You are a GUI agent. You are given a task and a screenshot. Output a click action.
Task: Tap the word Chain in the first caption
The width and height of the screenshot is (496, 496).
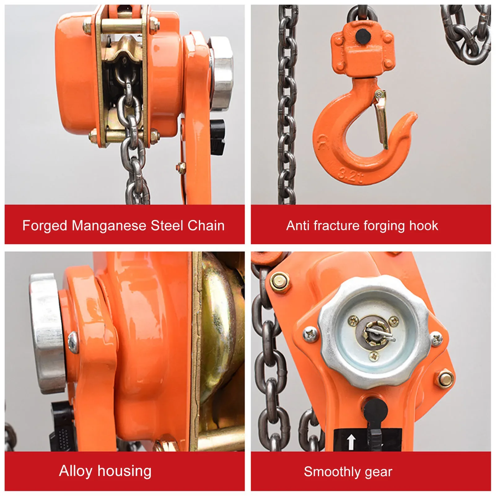[x=206, y=226]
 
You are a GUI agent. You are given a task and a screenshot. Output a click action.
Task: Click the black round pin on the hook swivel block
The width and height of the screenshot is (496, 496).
[x=363, y=36]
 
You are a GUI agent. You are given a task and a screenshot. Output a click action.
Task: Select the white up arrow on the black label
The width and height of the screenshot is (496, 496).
[x=351, y=441]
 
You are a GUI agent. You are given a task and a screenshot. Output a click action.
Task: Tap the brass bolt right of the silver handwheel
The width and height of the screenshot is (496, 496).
[x=446, y=379]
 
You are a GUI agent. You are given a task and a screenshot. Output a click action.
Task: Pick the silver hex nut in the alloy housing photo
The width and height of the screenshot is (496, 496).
[x=46, y=333]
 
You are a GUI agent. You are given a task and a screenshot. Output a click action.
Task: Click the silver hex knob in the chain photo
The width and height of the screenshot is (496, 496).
[x=221, y=73]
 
